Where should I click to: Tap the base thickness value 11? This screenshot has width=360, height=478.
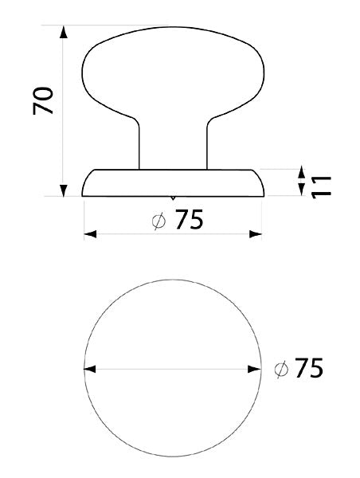320,182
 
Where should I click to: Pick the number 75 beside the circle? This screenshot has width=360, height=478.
308,369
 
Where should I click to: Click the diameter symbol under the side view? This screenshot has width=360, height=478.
159,221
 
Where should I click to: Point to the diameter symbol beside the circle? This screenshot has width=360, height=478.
280,370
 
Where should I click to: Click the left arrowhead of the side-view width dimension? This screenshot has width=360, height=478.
90,234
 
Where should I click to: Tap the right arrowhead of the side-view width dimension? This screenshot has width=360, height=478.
256,234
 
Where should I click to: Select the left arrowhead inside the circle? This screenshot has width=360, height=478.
91,369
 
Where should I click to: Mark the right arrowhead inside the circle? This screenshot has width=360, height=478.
256,369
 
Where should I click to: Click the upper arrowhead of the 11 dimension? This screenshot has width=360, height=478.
301,173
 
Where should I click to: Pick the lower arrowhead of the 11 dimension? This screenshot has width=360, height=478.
301,190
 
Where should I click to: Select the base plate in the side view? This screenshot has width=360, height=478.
174,182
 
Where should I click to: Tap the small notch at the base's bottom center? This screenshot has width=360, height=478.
174,197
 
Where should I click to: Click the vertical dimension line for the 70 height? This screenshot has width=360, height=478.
63,112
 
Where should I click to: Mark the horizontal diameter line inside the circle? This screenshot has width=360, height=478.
174,369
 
